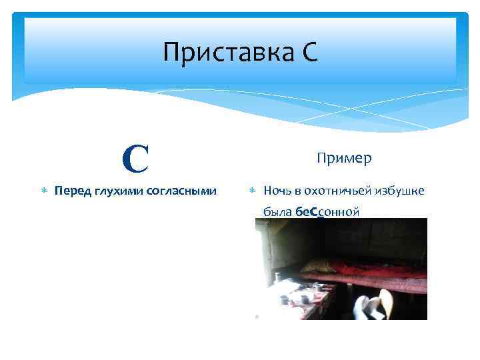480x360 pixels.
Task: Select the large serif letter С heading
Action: pyautogui.click(x=136, y=159)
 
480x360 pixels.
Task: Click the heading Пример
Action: pyautogui.click(x=344, y=158)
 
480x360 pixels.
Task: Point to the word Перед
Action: pyautogui.click(x=73, y=191)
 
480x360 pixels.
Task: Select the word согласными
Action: pyautogui.click(x=183, y=191)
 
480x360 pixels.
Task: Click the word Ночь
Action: pyautogui.click(x=276, y=191)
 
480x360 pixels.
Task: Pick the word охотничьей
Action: pyautogui.click(x=335, y=191)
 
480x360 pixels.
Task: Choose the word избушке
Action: pyautogui.click(x=401, y=191)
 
